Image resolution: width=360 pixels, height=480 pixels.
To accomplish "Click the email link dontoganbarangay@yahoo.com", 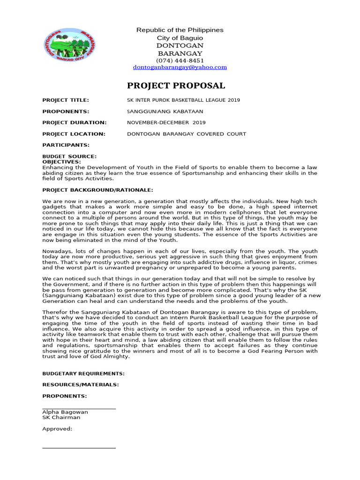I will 180,67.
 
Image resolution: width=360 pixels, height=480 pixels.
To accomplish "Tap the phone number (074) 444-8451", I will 180,60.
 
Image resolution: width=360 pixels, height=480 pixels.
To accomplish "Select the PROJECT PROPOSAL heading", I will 176,86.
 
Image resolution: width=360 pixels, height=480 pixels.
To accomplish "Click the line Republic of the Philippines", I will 180,30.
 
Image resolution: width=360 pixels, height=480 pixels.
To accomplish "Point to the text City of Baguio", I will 180,37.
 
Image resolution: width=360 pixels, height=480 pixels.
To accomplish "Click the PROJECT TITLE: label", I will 65,100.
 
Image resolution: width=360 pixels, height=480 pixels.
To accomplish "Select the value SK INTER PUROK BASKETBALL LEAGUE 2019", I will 183,100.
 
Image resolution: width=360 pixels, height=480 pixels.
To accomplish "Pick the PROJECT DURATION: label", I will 74,123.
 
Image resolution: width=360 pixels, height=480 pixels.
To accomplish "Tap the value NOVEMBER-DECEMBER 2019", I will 166,123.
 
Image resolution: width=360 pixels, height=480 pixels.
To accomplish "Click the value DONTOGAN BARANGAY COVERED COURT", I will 187,134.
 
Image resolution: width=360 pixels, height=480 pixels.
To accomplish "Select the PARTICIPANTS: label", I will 66,145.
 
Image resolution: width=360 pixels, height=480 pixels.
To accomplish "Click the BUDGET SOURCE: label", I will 69,157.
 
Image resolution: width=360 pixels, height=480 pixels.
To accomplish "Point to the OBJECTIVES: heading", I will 61,161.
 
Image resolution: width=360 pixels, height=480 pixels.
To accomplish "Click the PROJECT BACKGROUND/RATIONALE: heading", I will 97,190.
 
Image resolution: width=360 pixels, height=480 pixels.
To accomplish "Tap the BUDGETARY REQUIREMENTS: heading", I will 83,374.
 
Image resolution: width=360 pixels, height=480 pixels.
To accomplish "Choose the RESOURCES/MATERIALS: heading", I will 80,385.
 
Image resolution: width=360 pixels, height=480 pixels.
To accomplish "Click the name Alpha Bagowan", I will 65,412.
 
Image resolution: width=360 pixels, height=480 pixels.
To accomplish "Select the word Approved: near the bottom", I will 57,428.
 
